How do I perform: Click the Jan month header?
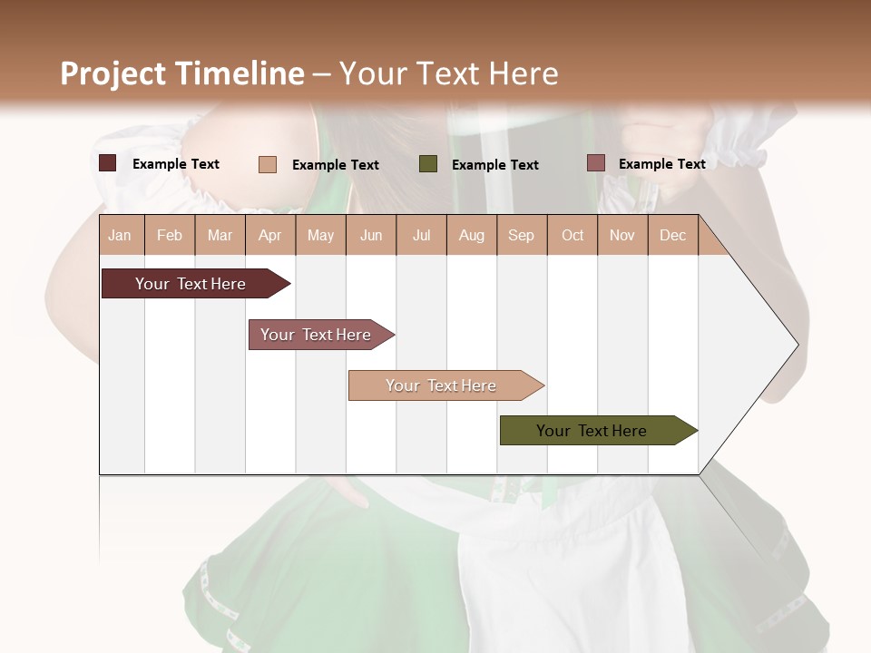tap(120, 235)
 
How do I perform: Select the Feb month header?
tap(170, 235)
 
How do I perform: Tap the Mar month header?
tap(220, 235)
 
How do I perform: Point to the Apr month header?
tap(269, 235)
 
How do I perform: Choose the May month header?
tap(320, 235)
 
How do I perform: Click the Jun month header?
tap(371, 235)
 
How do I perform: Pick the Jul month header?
tap(421, 235)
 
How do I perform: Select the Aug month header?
tap(471, 235)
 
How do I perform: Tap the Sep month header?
tap(521, 235)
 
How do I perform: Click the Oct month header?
tap(573, 235)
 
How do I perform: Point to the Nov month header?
tap(621, 235)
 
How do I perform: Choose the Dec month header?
tap(672, 235)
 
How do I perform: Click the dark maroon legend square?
tap(108, 163)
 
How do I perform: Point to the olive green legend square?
tap(428, 164)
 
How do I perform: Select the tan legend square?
tap(268, 164)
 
